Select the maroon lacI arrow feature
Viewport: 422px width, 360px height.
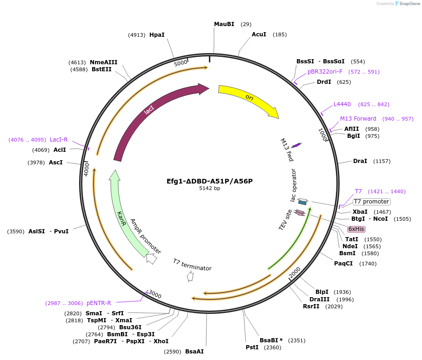[x=149, y=111]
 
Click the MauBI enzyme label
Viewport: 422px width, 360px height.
[x=224, y=24]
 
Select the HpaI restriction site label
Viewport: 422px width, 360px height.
[x=157, y=35]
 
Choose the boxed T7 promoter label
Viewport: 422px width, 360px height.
[x=371, y=202]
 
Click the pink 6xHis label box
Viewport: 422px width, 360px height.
[x=356, y=229]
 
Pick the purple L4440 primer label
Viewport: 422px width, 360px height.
[x=342, y=104]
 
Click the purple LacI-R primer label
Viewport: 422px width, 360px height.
[x=59, y=140]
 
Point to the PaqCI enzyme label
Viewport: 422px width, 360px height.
[x=343, y=264]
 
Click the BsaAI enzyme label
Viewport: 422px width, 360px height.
[x=194, y=352]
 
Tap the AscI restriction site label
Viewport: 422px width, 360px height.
[x=55, y=163]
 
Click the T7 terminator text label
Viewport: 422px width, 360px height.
[x=192, y=265]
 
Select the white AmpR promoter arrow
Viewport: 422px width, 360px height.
[x=152, y=258]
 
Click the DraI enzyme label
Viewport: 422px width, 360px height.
[x=360, y=161]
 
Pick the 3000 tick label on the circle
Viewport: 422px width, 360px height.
[x=154, y=295]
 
